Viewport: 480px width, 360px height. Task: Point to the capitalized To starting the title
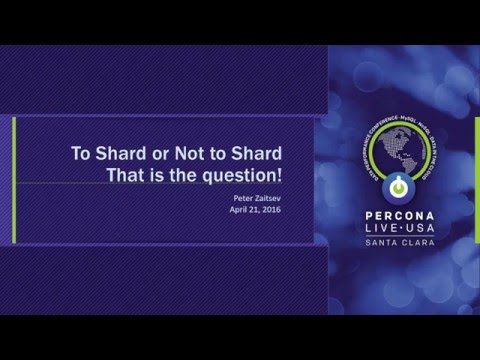click(79, 155)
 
